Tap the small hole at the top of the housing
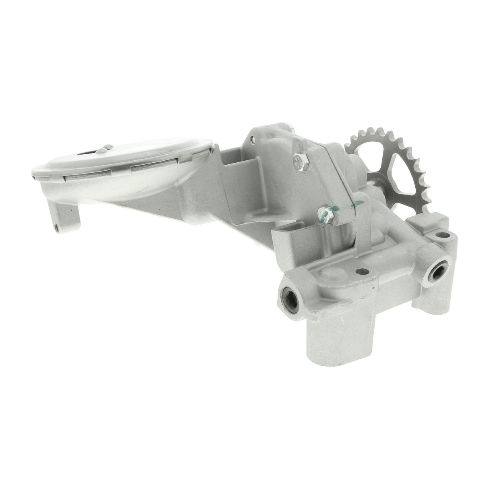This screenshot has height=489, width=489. pos(252,140)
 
